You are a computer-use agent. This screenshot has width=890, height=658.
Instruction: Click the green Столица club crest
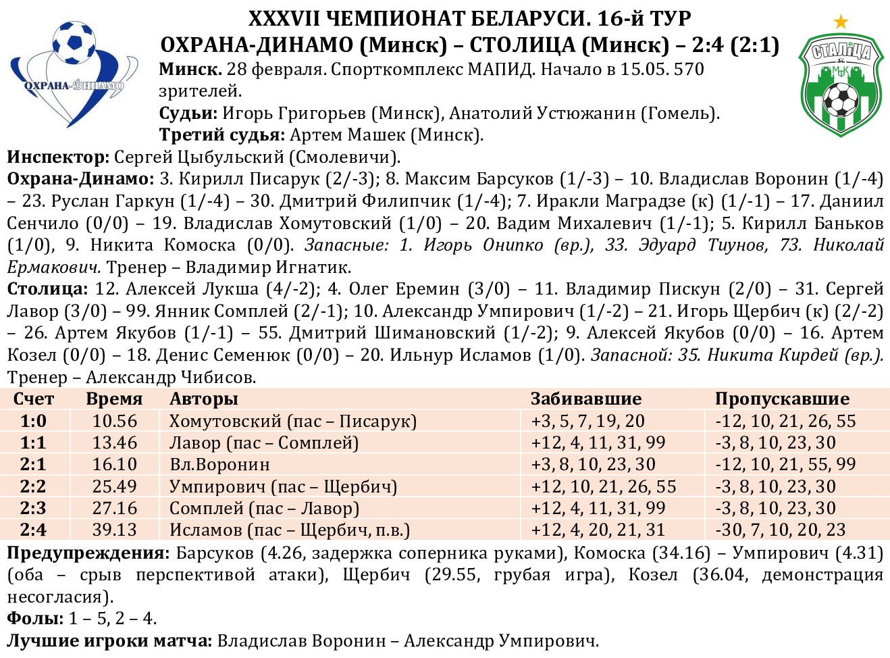[840, 85]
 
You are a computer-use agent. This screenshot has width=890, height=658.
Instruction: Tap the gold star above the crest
[841, 22]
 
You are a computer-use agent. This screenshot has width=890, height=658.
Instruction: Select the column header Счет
[33, 399]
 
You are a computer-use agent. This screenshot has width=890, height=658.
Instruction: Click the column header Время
[114, 399]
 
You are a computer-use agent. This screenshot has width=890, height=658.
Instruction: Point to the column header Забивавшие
[585, 399]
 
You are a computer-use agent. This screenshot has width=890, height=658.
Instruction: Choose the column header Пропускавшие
[782, 399]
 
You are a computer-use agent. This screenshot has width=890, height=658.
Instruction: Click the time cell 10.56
[114, 421]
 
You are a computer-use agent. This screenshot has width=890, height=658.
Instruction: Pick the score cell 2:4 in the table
[33, 530]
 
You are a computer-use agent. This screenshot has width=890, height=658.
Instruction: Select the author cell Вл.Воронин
[219, 465]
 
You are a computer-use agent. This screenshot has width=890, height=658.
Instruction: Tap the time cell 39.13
[114, 530]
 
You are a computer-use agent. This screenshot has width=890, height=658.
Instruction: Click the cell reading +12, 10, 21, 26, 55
[604, 486]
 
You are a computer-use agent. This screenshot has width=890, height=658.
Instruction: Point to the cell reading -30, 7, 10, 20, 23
[780, 530]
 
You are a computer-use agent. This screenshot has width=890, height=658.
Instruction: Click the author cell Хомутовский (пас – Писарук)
[292, 421]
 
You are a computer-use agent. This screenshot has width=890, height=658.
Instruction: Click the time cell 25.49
[114, 486]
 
